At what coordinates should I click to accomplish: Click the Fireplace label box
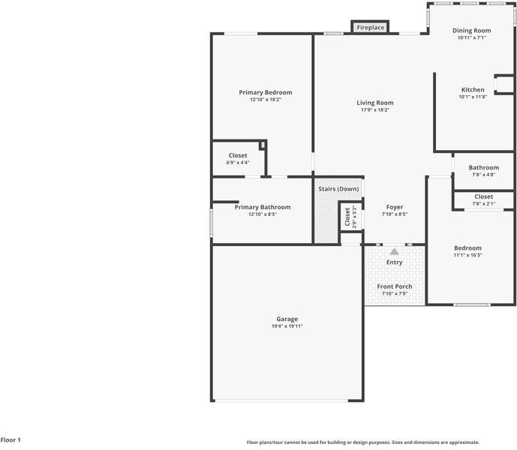pos(370,28)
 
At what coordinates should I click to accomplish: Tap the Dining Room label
pos(472,30)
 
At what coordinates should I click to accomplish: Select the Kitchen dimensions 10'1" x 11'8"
pos(473,97)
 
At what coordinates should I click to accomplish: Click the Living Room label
pos(374,103)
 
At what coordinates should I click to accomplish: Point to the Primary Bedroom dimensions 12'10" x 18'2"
pos(265,99)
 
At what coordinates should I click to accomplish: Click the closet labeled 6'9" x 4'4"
pos(238,162)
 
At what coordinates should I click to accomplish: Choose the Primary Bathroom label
pos(262,207)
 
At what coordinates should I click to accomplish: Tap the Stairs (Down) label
pos(338,188)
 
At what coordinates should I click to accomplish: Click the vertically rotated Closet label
pos(347,217)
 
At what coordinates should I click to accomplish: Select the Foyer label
pos(394,207)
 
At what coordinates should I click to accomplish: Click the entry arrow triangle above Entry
pos(394,252)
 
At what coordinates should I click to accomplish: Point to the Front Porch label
pos(394,286)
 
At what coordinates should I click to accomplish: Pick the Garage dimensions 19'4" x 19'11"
pos(287,326)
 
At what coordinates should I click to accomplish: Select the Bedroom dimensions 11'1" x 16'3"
pos(467,255)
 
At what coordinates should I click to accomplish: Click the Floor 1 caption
pos(11,440)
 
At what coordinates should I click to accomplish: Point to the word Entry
pos(394,262)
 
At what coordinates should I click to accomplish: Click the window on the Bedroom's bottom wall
pos(472,304)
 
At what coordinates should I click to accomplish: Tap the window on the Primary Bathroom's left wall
pos(212,222)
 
